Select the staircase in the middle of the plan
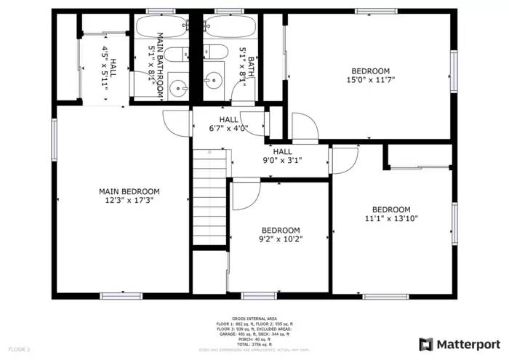coord(210,196)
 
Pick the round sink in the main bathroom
coord(178,89)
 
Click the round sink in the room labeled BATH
coord(214,81)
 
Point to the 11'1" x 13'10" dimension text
coord(391,217)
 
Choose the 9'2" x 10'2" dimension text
coord(281,239)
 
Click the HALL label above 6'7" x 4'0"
coord(228,120)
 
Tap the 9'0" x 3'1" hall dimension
coord(282,161)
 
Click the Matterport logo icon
coord(426,343)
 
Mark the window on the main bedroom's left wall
coord(54,140)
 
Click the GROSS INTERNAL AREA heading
coord(254,319)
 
